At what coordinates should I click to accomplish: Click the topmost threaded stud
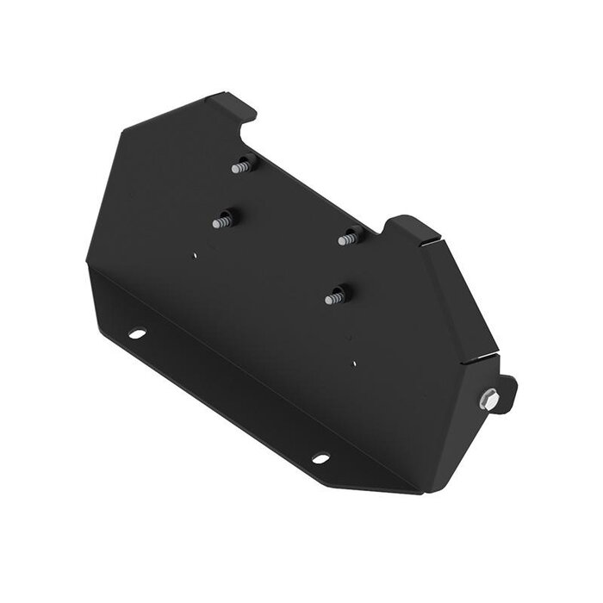point(241,166)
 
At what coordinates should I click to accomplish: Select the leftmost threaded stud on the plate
point(223,221)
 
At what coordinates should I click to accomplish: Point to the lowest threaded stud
point(334,297)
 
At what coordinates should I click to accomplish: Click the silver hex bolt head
point(489,399)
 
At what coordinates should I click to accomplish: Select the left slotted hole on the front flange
point(137,333)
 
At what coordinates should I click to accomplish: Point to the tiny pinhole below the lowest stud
point(354,364)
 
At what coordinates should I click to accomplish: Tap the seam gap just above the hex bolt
point(482,357)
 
